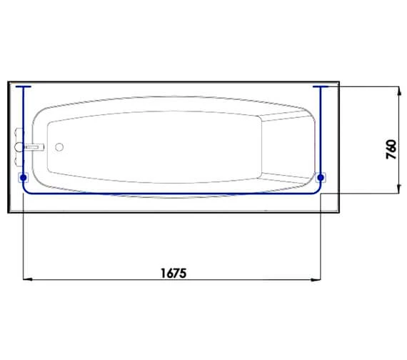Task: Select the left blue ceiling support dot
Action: [x=24, y=176]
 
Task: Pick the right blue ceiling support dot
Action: [x=321, y=176]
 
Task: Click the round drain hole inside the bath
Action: [x=59, y=148]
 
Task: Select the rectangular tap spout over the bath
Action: [x=36, y=148]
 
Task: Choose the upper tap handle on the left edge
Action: [x=19, y=135]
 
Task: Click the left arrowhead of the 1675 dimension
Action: [x=29, y=279]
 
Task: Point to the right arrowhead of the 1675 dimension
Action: [x=316, y=279]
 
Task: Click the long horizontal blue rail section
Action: [x=171, y=194]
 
